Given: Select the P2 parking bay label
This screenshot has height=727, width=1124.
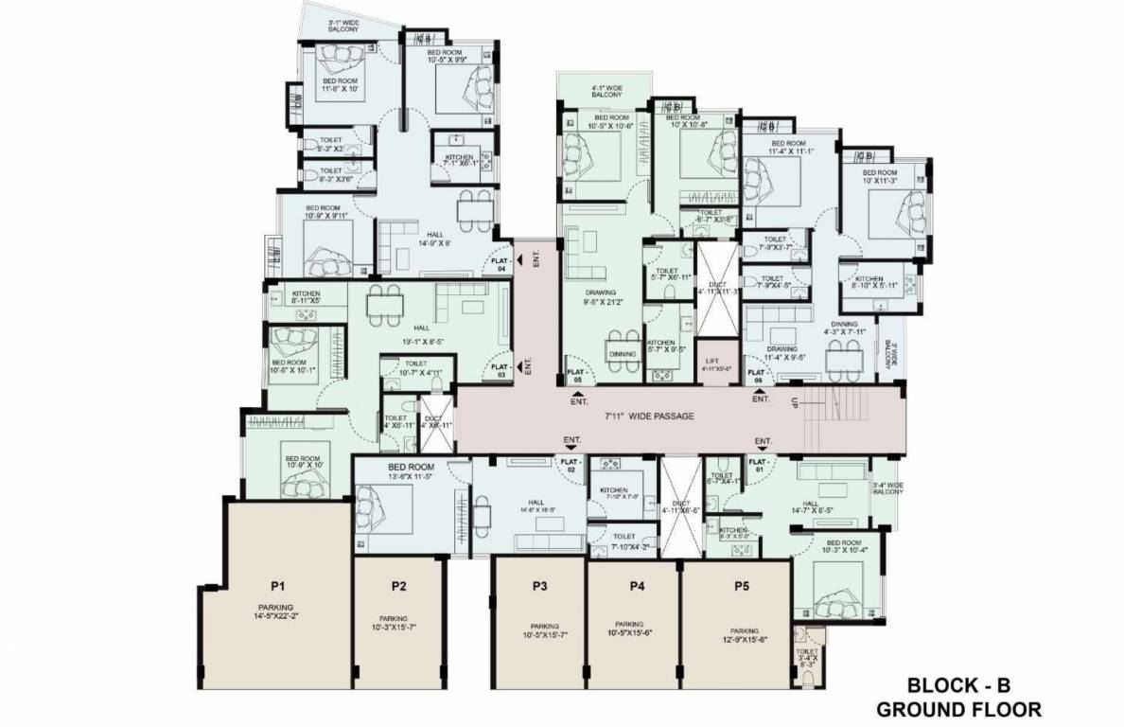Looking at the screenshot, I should [x=399, y=586].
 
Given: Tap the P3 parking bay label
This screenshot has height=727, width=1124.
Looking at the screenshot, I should [x=539, y=586].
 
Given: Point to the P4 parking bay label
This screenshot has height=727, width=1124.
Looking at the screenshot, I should [x=637, y=586].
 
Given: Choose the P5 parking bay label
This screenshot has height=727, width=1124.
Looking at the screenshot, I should [x=741, y=586].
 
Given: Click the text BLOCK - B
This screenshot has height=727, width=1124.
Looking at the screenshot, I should [x=958, y=684].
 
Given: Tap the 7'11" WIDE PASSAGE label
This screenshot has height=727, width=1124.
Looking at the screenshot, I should [x=650, y=416].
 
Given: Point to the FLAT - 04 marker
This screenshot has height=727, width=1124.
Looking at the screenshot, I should [x=501, y=263].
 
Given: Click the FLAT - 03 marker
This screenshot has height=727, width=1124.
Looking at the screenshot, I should [x=501, y=370].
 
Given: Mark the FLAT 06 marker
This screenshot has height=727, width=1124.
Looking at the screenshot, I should [x=756, y=377].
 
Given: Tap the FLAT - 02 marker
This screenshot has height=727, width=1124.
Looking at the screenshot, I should [x=570, y=465].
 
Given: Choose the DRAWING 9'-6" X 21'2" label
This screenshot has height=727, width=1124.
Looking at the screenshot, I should [x=601, y=298].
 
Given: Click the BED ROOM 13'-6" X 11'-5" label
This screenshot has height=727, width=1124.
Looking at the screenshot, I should [x=410, y=472].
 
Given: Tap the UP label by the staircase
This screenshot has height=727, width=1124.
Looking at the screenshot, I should [x=796, y=402].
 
